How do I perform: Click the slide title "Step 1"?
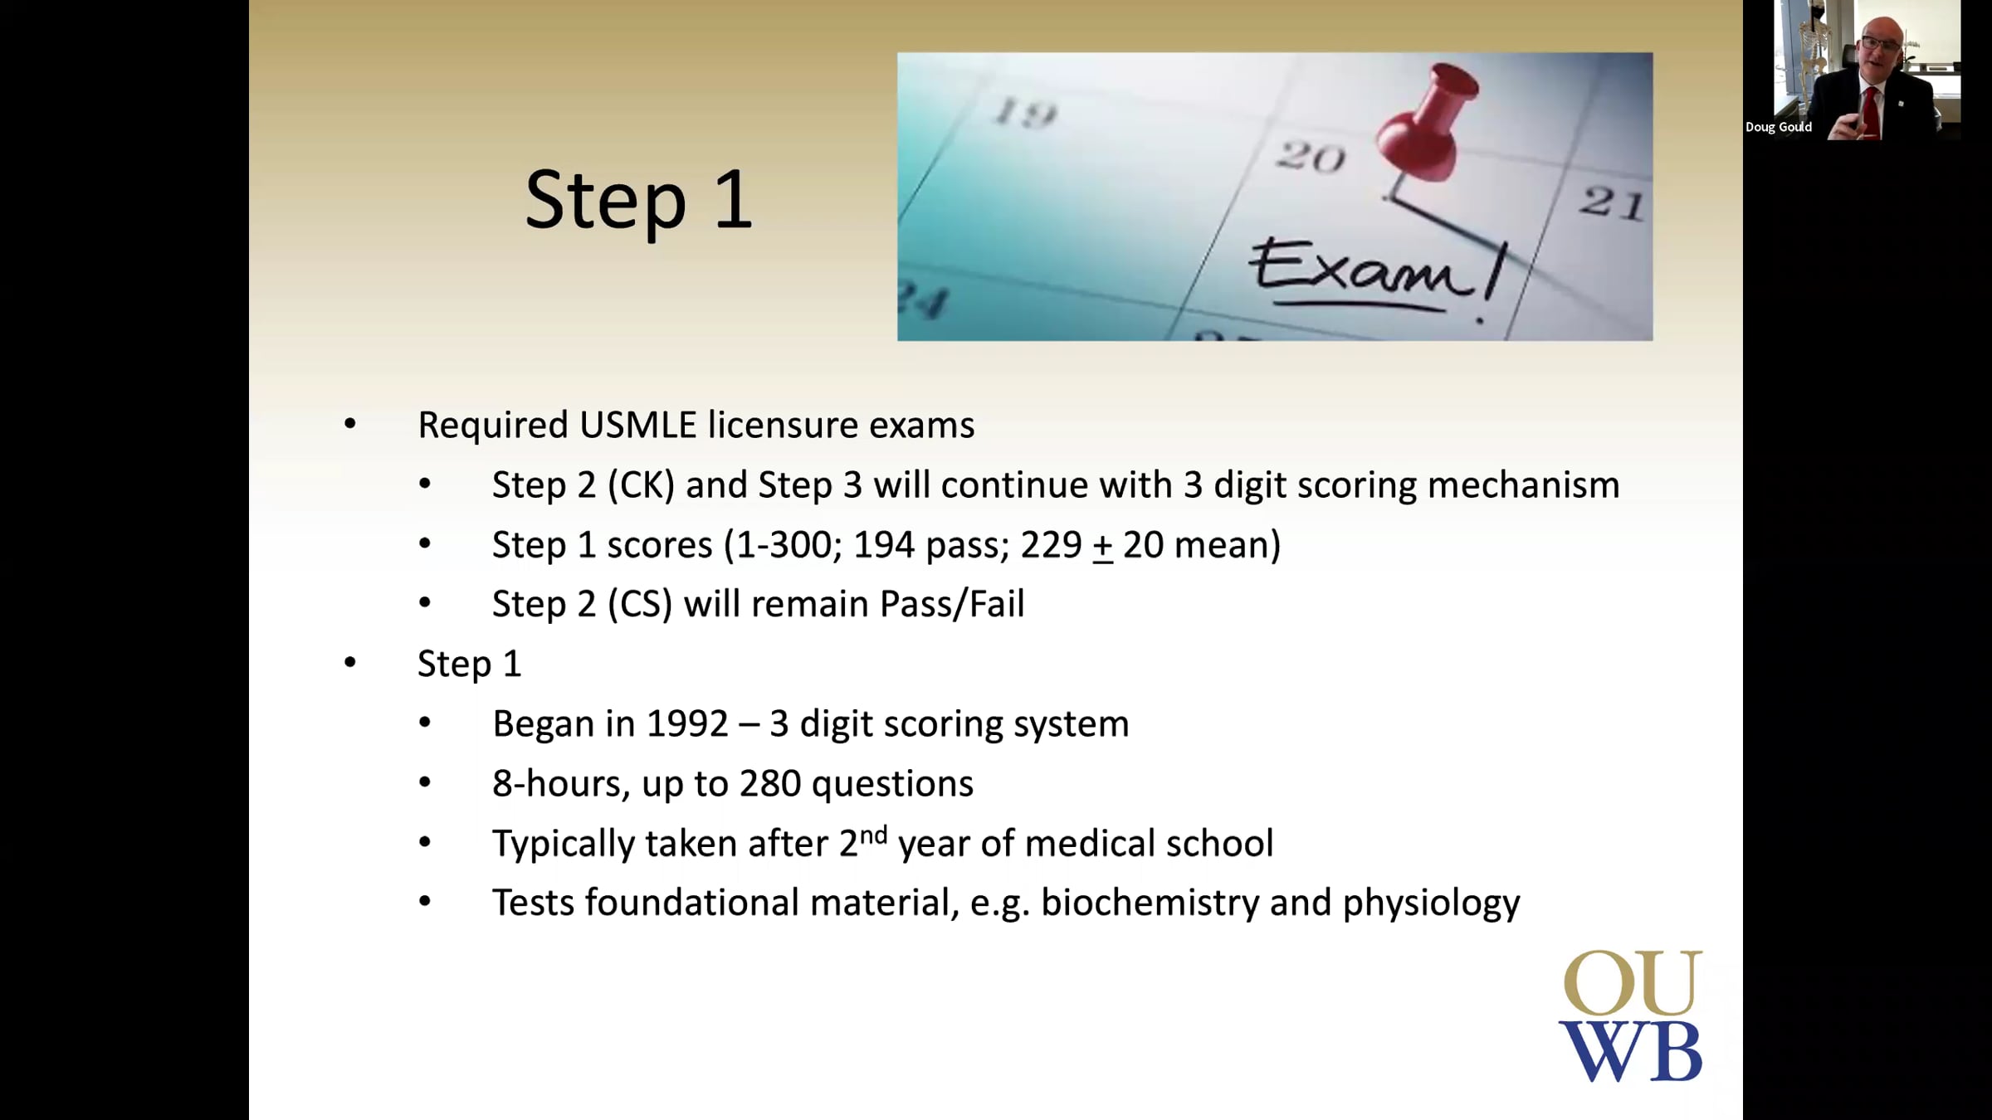pyautogui.click(x=638, y=200)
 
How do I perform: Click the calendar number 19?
pyautogui.click(x=1026, y=112)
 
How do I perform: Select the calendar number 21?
pyautogui.click(x=1611, y=202)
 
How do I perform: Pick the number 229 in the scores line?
pyautogui.click(x=1052, y=545)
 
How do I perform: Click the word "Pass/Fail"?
pyautogui.click(x=952, y=604)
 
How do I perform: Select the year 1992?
pyautogui.click(x=687, y=724)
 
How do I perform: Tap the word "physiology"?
pyautogui.click(x=1432, y=903)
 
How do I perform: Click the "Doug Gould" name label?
pyautogui.click(x=1779, y=127)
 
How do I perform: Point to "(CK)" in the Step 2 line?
pyautogui.click(x=642, y=485)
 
